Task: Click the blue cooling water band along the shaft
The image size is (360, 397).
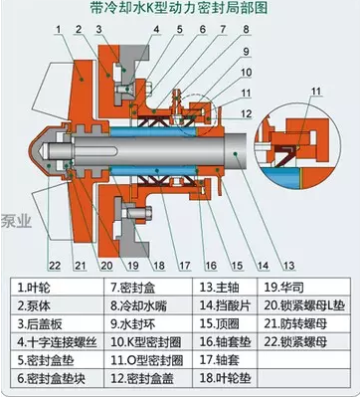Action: [159, 129]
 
